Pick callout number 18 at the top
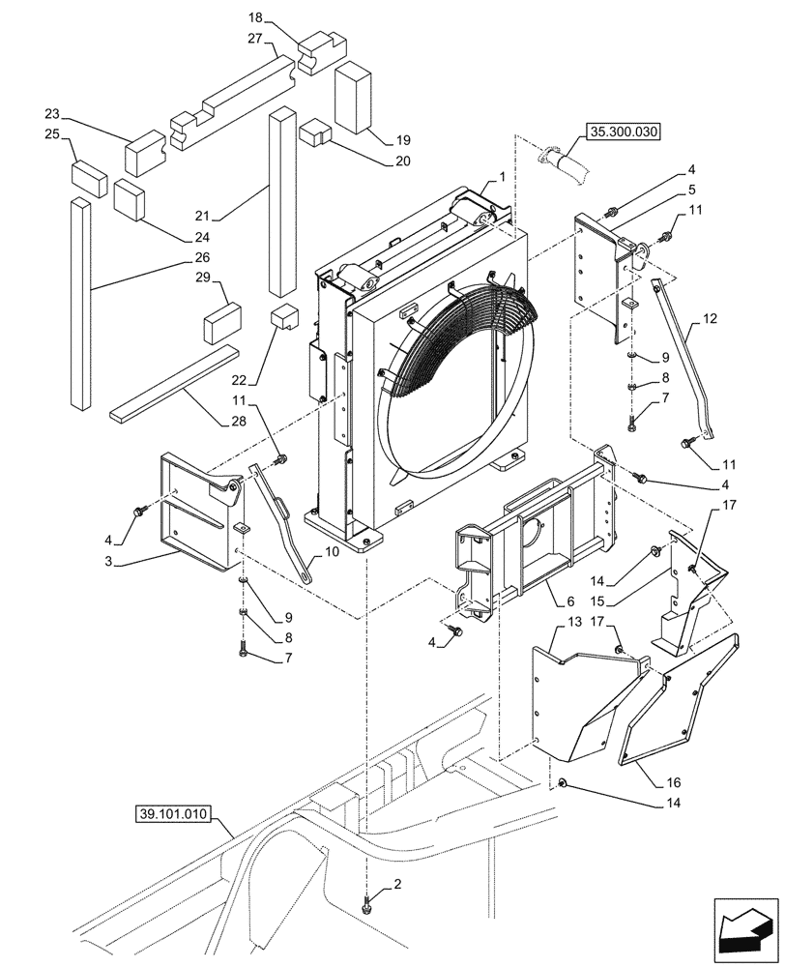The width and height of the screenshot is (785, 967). click(x=254, y=18)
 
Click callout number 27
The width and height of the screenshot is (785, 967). click(x=254, y=40)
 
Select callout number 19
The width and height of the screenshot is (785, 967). click(x=376, y=139)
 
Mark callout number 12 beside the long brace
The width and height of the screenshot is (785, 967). click(x=710, y=318)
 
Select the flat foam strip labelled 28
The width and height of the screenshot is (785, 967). click(x=174, y=383)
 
